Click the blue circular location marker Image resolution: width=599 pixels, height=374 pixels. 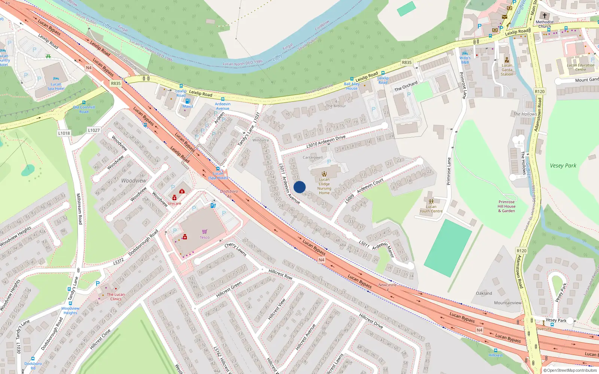click(299, 187)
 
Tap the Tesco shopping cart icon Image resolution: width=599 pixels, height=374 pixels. click(204, 232)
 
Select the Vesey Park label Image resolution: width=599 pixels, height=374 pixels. click(563, 166)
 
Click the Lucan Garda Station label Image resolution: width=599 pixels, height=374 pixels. click(507, 70)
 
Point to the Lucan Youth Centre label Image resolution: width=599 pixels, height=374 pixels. click(431, 209)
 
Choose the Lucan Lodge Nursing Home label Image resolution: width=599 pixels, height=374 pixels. click(324, 186)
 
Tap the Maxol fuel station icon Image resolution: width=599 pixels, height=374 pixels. click(188, 101)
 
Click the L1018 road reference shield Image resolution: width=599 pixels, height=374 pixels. click(64, 133)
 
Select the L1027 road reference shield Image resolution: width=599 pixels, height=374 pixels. click(94, 130)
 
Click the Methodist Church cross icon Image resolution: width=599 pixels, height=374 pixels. click(545, 16)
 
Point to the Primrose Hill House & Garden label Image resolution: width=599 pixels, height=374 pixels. click(507, 206)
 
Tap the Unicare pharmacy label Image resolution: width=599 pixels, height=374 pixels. click(174, 203)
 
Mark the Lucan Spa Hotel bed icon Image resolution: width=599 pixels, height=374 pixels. click(56, 79)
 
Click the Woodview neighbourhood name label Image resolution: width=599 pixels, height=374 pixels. click(134, 181)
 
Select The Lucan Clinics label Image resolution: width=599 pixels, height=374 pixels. click(116, 297)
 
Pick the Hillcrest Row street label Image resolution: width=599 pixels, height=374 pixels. click(280, 274)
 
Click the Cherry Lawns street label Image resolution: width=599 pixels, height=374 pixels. click(235, 249)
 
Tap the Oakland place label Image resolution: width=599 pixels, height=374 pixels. click(484, 293)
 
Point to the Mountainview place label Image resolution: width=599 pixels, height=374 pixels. click(508, 303)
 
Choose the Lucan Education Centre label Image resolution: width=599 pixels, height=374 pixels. click(580, 67)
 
